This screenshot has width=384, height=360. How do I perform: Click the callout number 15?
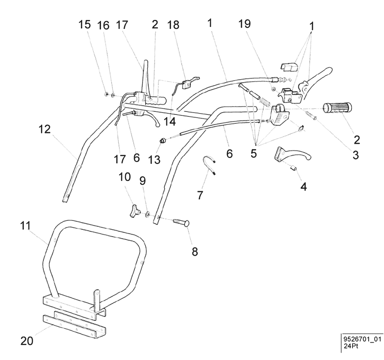click(85, 25)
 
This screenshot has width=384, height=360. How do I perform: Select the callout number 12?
click(45, 130)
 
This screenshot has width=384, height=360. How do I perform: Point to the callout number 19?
click(244, 24)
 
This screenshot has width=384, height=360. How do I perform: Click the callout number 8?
click(195, 252)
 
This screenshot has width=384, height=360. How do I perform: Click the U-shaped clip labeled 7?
click(210, 167)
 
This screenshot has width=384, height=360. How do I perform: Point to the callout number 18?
click(174, 25)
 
